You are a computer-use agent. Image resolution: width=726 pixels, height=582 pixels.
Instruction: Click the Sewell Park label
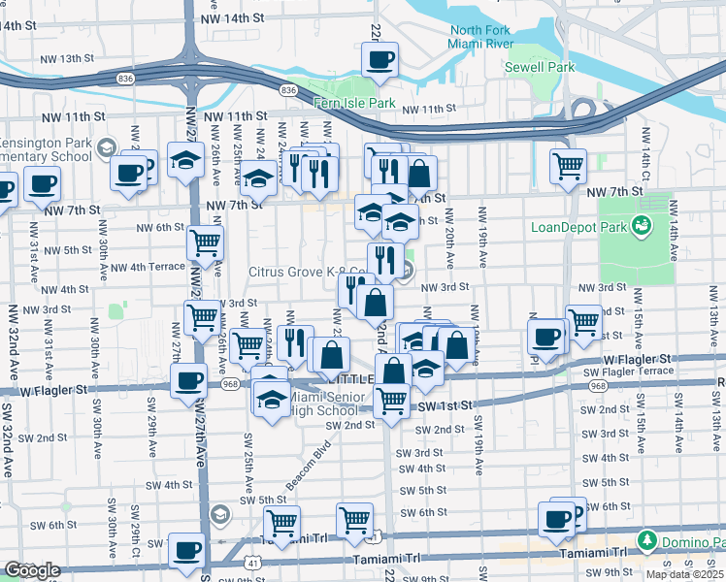point(540,67)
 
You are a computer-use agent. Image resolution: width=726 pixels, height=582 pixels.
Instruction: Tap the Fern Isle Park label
point(354,103)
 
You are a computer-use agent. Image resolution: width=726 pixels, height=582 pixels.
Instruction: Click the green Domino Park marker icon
point(646,538)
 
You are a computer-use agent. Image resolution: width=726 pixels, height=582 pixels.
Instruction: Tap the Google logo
point(32,570)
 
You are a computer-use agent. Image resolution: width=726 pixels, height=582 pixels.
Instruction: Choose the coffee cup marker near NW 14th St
point(379,58)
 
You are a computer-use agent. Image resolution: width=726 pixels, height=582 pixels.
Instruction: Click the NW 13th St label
point(66,59)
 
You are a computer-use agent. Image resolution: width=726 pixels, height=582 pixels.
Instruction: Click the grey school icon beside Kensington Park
point(104,147)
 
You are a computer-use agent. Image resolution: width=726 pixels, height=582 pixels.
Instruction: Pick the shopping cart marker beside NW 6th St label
point(205,242)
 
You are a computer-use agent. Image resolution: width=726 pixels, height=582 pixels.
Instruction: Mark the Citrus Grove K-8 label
point(296,272)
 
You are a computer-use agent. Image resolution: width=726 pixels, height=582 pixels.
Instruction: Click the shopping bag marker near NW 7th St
point(419,174)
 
